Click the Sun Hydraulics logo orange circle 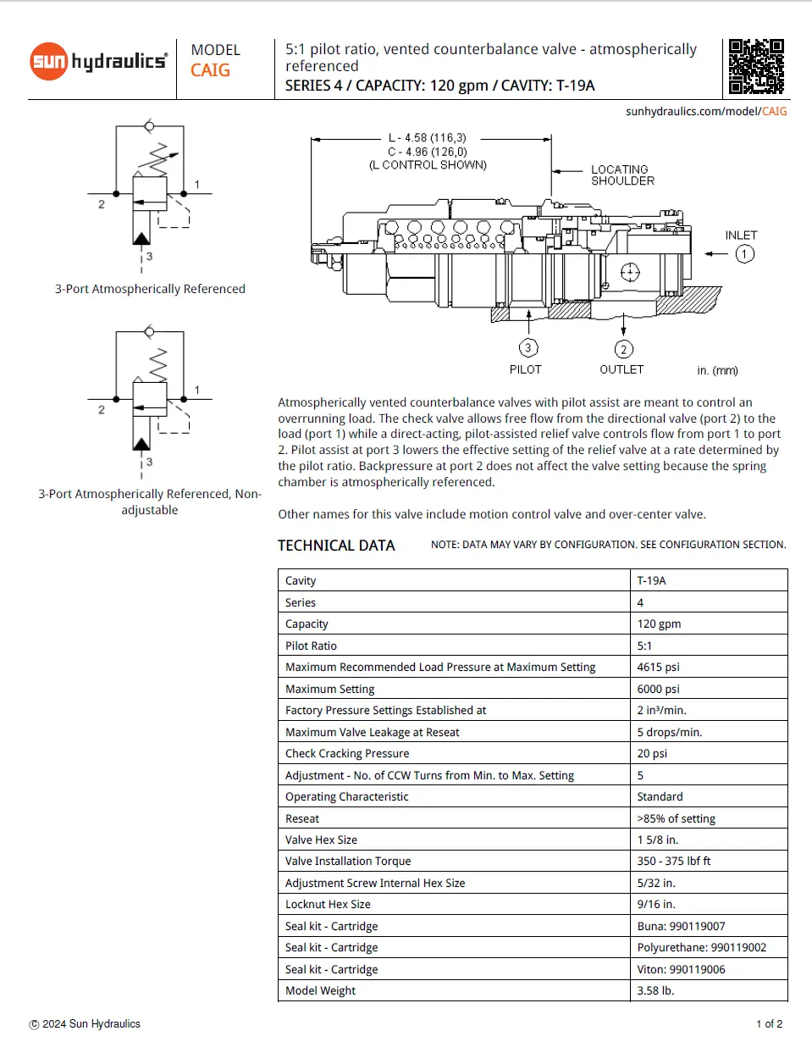[x=48, y=61]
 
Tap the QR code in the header [x=756, y=66]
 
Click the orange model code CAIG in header [x=210, y=70]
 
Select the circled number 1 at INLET [x=744, y=254]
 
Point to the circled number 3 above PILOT [x=528, y=347]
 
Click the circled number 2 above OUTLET [x=623, y=349]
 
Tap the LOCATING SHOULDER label [x=622, y=175]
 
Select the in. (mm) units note [x=717, y=370]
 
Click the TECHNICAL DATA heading [x=336, y=546]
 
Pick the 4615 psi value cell [x=658, y=668]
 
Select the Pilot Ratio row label [x=311, y=646]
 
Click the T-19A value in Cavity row [x=651, y=581]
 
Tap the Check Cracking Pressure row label [x=347, y=753]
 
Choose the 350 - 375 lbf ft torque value [x=673, y=861]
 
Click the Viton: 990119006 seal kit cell [x=681, y=969]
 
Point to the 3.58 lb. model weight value [x=655, y=990]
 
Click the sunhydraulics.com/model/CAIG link [x=706, y=111]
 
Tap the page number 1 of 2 [x=769, y=1024]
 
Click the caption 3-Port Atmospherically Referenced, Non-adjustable [x=150, y=502]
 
